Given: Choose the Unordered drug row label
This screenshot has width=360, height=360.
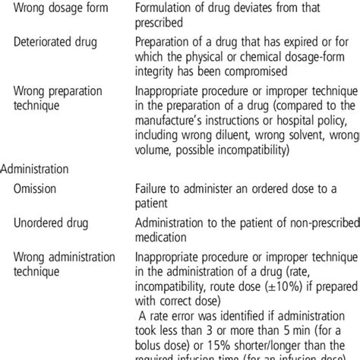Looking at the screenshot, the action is [x=50, y=224].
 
